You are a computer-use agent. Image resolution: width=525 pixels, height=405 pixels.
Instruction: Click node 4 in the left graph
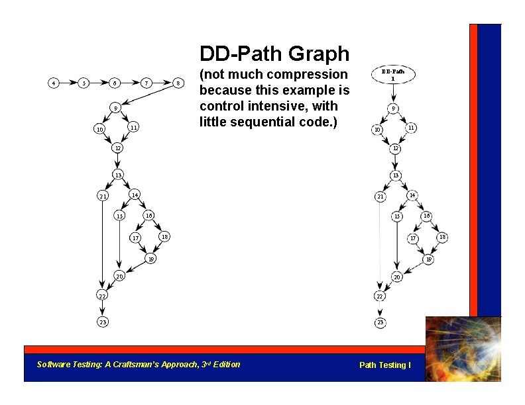pos(54,83)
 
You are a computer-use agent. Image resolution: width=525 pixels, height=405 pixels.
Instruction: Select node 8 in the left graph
pos(178,83)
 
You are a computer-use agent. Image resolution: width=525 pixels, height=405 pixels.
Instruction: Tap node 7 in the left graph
pos(146,83)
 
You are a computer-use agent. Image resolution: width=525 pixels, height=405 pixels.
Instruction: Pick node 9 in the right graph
pos(394,108)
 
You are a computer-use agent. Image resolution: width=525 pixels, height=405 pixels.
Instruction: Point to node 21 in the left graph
pos(103,196)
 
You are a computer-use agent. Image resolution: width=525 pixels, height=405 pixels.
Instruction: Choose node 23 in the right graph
pos(380,322)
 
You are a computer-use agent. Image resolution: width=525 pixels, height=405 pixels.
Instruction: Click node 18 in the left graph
pos(165,236)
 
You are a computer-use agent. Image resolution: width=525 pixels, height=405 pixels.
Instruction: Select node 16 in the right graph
pos(428,216)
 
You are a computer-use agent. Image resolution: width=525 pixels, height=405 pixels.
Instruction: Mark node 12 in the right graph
pos(394,148)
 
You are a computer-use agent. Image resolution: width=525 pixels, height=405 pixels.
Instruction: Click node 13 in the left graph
pos(117,175)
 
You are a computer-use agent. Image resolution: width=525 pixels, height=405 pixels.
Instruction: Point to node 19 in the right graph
pos(428,260)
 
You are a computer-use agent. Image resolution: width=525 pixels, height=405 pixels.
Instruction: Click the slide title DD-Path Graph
pos(274,54)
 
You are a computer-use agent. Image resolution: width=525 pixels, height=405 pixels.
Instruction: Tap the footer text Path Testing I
pos(384,365)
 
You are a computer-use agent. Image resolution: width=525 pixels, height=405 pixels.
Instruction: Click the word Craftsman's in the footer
pos(150,364)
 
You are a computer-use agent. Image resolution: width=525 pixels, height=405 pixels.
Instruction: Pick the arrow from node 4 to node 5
pos(68,83)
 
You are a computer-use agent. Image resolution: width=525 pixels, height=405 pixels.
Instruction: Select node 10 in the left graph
pos(99,129)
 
